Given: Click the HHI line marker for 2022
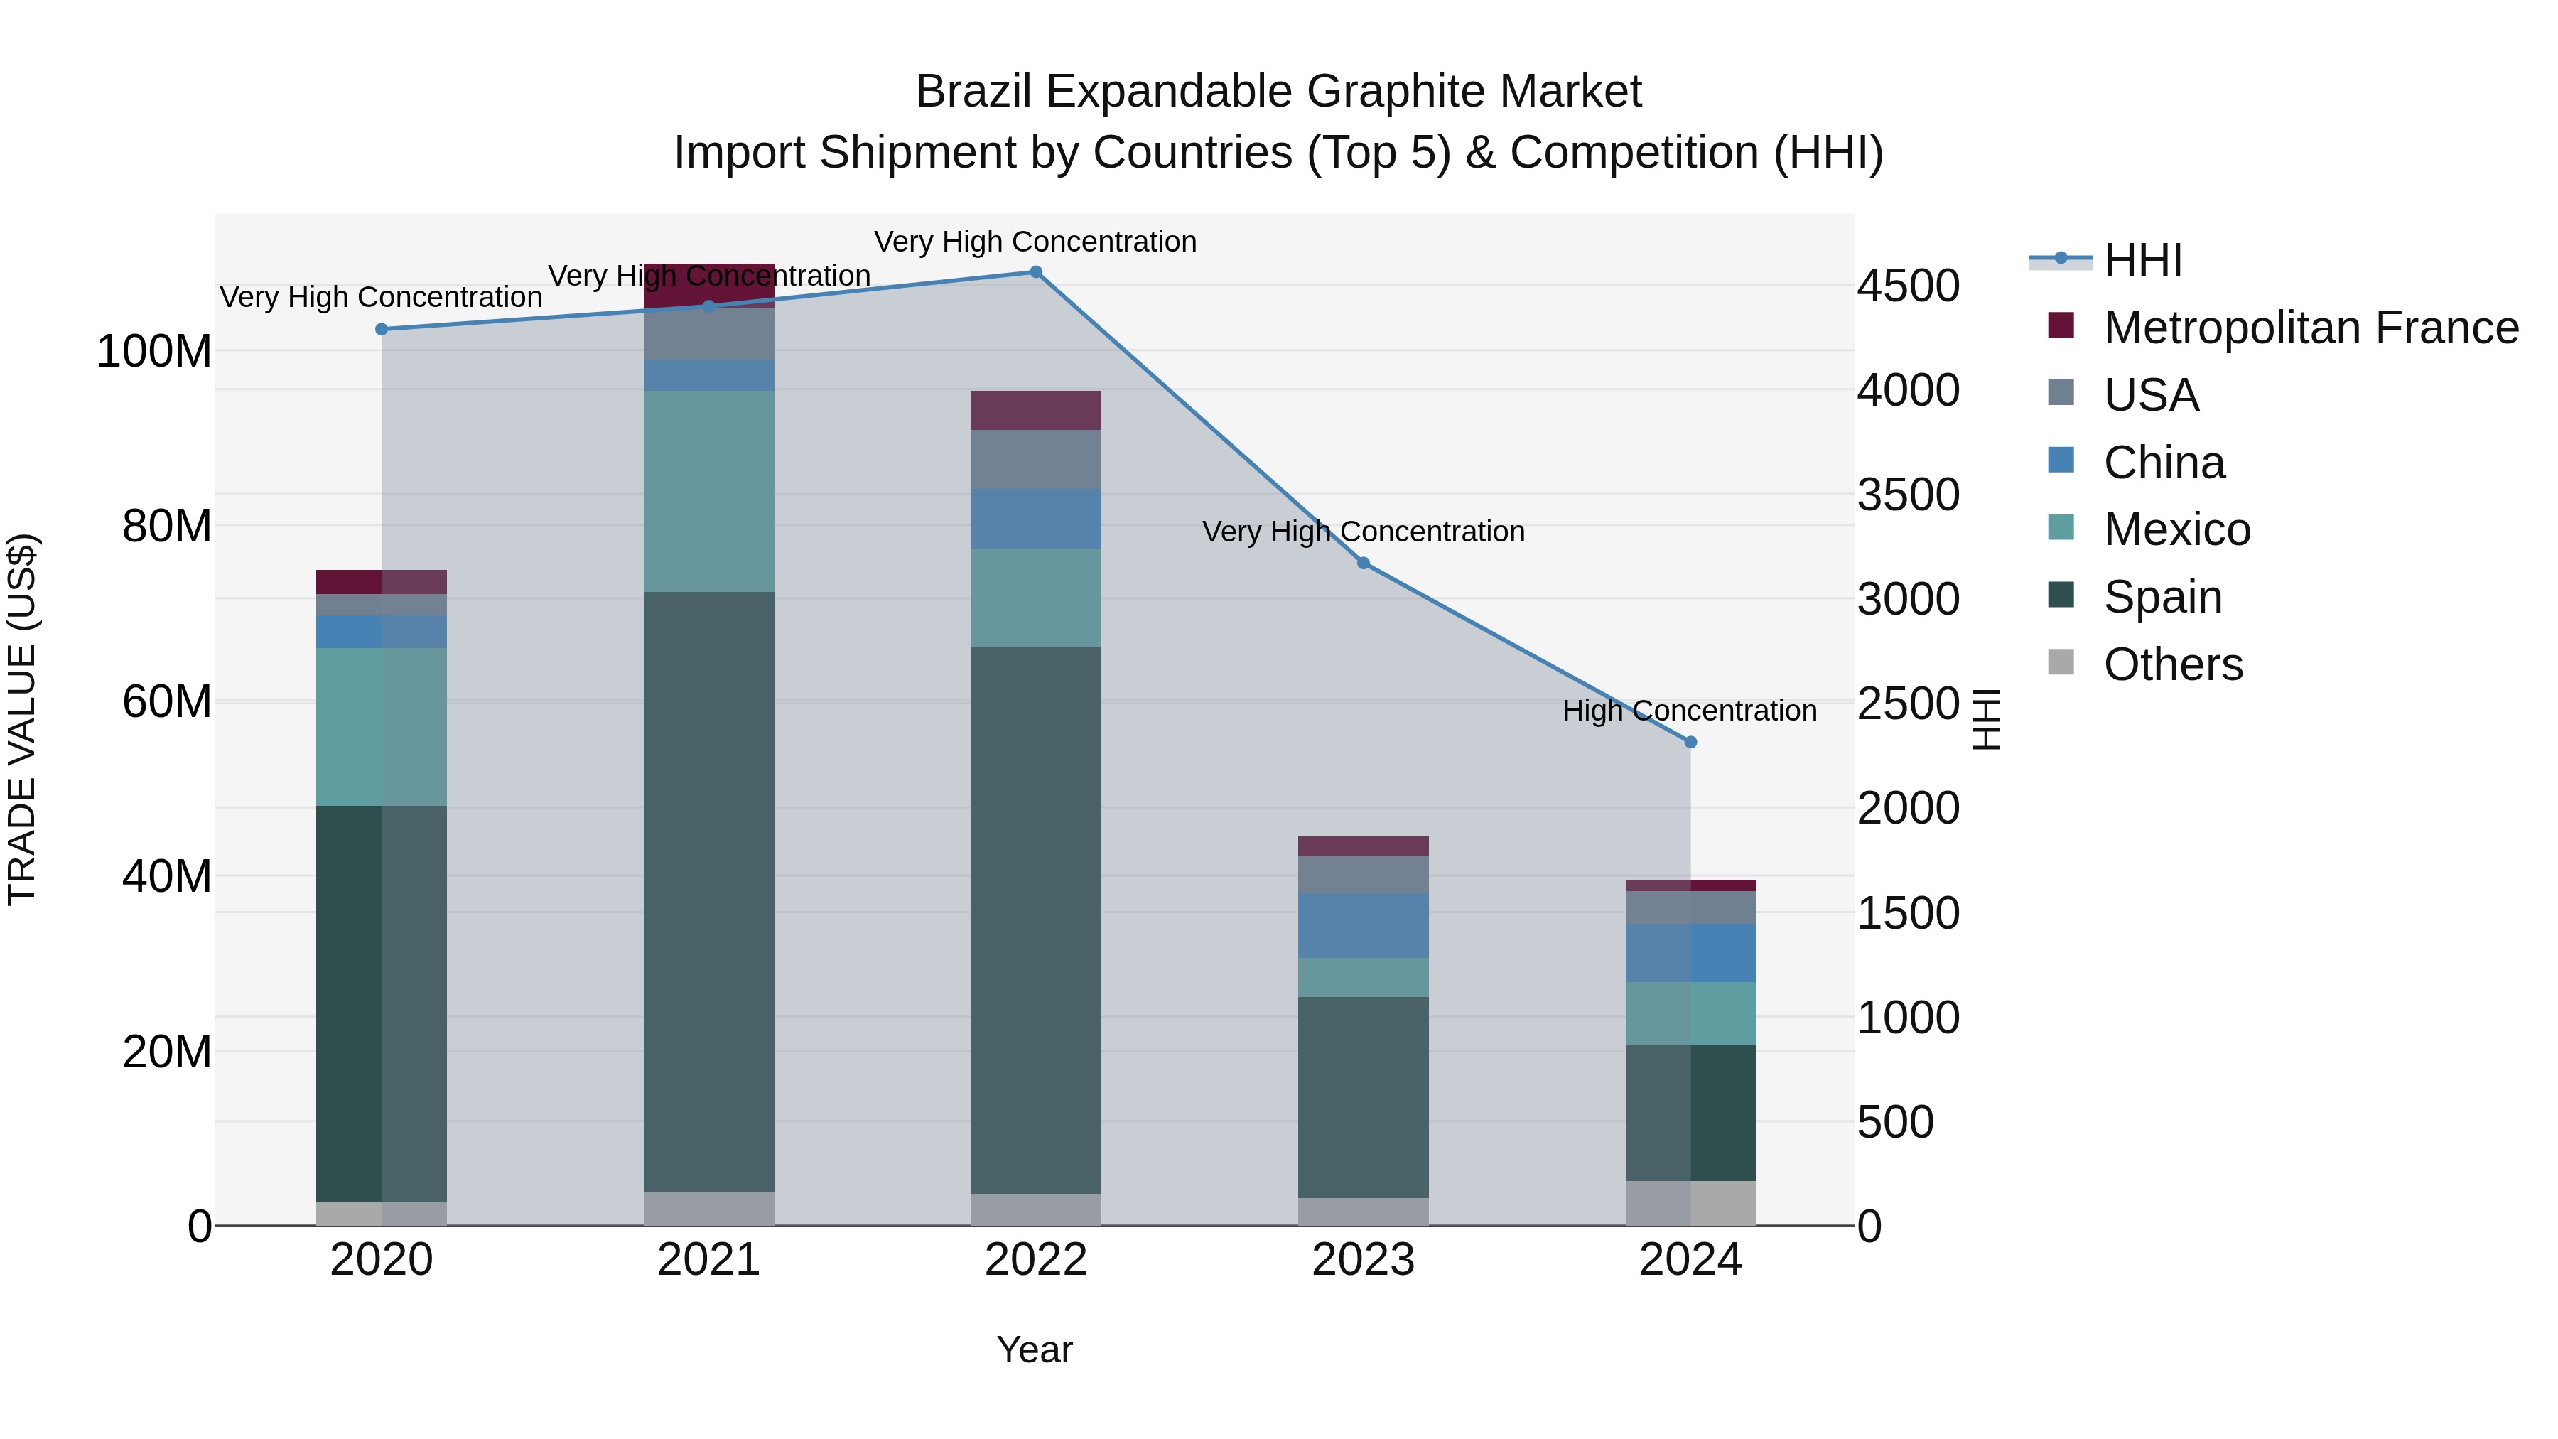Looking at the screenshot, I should [x=1036, y=272].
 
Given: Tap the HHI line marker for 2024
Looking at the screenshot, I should [x=1691, y=742].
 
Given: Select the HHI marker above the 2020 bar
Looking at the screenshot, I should [x=382, y=330].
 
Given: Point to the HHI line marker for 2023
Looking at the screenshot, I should [x=1364, y=563].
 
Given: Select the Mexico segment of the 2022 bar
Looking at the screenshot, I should [x=1036, y=598].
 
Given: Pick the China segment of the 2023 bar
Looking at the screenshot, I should [x=1364, y=925].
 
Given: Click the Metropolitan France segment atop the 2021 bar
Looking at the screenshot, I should [x=709, y=286].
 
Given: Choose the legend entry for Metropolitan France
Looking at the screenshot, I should [x=2311, y=328].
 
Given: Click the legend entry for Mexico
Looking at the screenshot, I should [x=2176, y=529].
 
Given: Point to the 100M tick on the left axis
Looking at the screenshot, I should [x=154, y=352].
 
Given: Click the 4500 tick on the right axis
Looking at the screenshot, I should [x=1909, y=286].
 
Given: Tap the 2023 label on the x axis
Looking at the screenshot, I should [x=1364, y=1260].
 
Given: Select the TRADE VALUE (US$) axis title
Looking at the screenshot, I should [x=22, y=719].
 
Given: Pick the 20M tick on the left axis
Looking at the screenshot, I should [x=167, y=1052].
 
